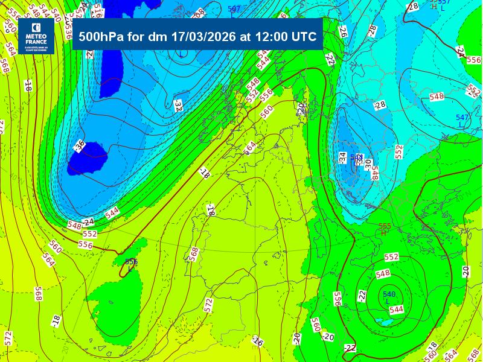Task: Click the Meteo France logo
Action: (x=38, y=37)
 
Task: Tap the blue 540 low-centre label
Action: (x=389, y=294)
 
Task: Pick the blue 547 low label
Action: (x=462, y=118)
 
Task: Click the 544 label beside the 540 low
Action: (x=396, y=310)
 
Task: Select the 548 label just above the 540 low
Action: (x=383, y=273)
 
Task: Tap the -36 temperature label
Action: (x=79, y=145)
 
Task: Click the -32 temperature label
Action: (x=178, y=106)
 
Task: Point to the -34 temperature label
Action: (x=343, y=158)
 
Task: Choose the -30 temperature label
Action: (x=368, y=164)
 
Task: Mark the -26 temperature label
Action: (x=342, y=31)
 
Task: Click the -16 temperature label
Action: (x=258, y=342)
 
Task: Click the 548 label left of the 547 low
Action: (x=436, y=97)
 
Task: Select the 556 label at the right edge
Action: (x=474, y=60)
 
